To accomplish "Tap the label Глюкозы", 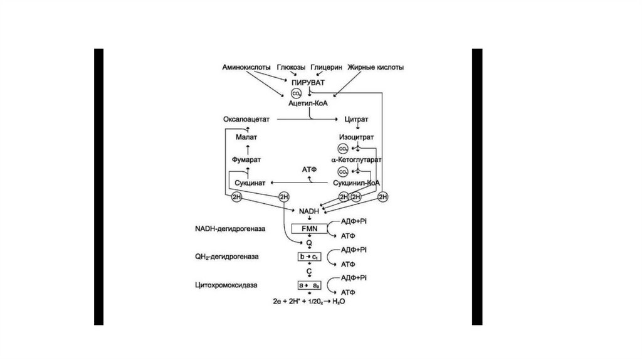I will click(292, 67).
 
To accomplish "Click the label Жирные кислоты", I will click(376, 67).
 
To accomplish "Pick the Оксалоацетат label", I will click(247, 119).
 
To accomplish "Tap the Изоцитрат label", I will click(356, 136).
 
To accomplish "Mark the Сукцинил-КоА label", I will click(356, 183).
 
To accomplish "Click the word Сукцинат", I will click(250, 183).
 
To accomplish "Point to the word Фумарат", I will click(247, 160).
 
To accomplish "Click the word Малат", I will click(247, 136).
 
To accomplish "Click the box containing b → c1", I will click(309, 257).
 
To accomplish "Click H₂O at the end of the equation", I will click(339, 302).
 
